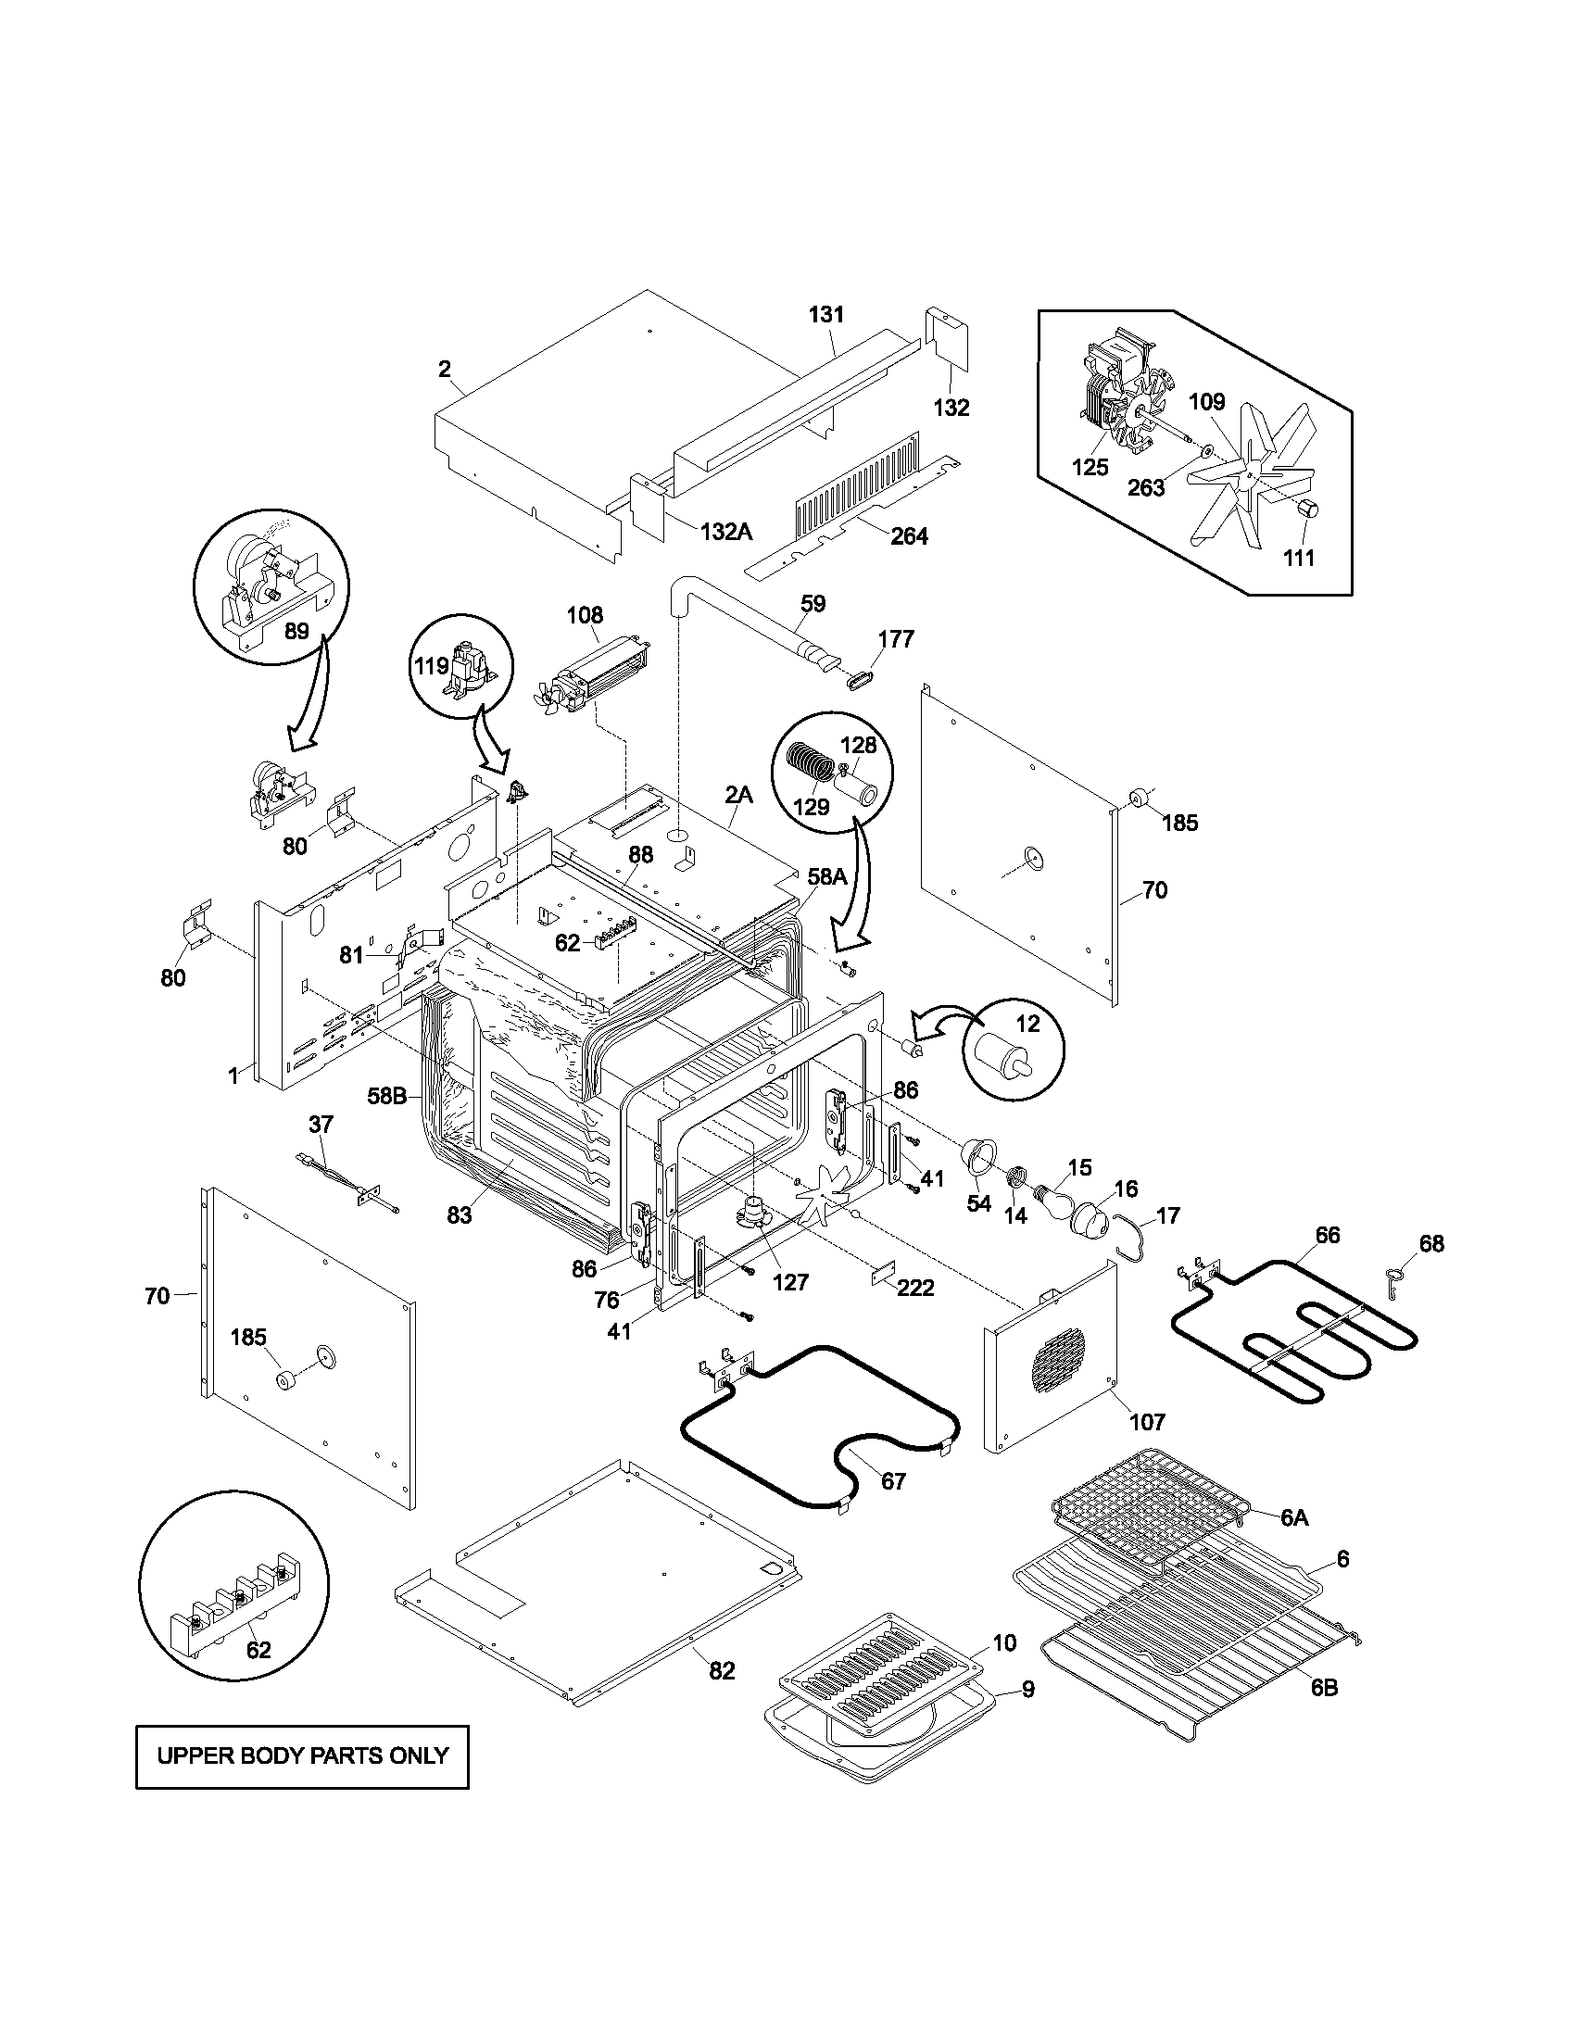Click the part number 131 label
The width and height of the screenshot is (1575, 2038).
click(825, 314)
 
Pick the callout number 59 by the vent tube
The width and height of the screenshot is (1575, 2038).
click(813, 604)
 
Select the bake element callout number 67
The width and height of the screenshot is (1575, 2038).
click(893, 1481)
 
